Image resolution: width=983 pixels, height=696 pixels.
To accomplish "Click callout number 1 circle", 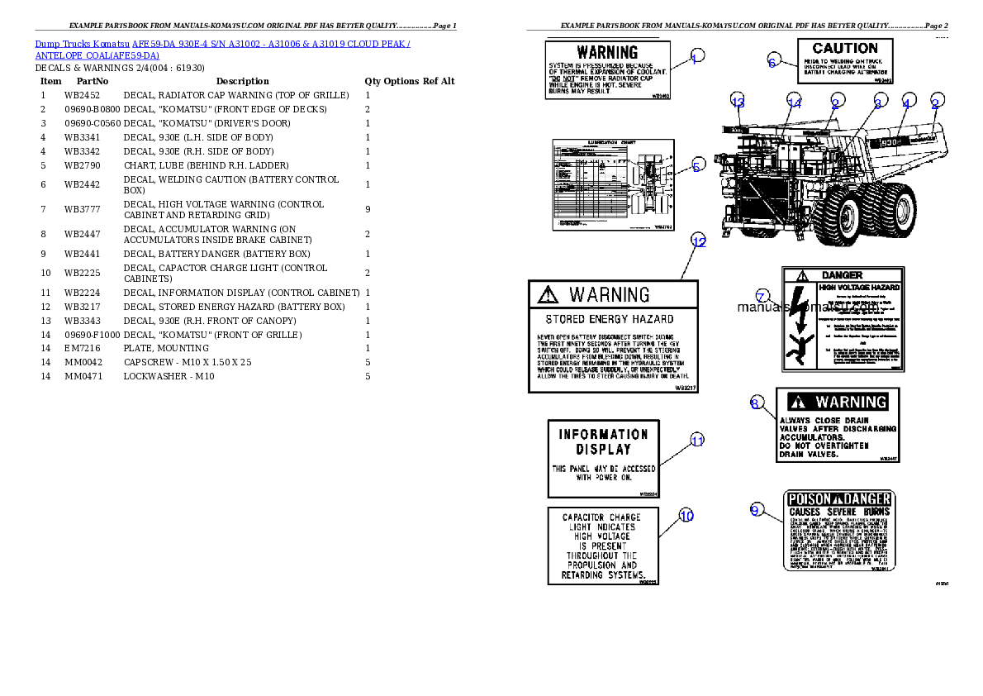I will pyautogui.click(x=697, y=57).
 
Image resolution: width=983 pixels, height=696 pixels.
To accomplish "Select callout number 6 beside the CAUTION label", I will pyautogui.click(x=772, y=61).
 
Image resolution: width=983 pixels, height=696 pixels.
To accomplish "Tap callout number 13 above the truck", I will pyautogui.click(x=738, y=102).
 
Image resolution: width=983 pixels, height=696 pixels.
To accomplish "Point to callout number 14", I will pyautogui.click(x=794, y=102).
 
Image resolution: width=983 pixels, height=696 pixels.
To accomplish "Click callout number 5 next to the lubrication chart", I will pyautogui.click(x=697, y=165).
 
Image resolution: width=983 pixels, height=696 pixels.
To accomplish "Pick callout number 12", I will pyautogui.click(x=699, y=242).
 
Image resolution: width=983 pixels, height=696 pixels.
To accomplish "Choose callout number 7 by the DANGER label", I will pyautogui.click(x=762, y=296).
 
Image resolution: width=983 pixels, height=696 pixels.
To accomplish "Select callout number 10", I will pyautogui.click(x=686, y=516).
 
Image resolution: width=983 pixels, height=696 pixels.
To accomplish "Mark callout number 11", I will pyautogui.click(x=697, y=441).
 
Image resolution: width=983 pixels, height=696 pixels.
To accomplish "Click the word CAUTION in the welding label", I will pyautogui.click(x=844, y=49).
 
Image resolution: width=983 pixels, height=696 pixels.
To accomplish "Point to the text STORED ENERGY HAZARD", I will pyautogui.click(x=610, y=319).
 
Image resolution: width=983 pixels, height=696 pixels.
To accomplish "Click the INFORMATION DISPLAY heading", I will pyautogui.click(x=603, y=441).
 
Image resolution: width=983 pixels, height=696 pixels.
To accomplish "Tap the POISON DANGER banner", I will pyautogui.click(x=838, y=499).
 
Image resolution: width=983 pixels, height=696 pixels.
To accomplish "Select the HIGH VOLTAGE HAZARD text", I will pyautogui.click(x=859, y=287).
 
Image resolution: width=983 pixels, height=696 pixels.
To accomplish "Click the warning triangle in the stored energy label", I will pyautogui.click(x=546, y=294).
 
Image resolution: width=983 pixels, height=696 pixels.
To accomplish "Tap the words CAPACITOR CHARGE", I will pyautogui.click(x=601, y=517).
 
